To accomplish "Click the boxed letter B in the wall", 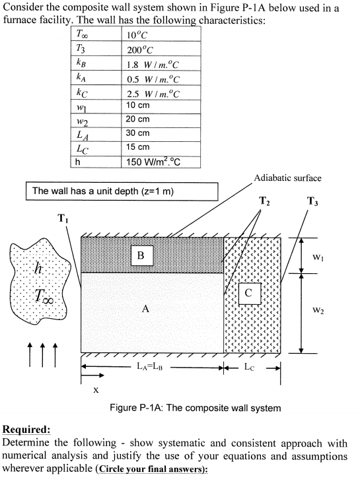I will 141,255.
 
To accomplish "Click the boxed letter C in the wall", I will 248,292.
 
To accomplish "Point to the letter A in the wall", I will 143,308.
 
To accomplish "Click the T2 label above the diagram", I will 264,201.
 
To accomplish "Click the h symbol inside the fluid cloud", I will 40,269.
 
